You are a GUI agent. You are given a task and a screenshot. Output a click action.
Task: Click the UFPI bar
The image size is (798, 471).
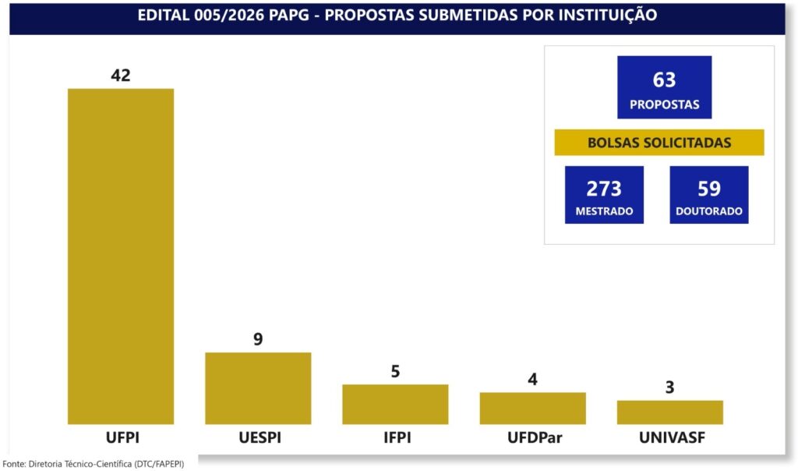tap(121, 256)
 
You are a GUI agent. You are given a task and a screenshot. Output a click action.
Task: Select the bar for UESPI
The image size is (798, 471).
tap(258, 388)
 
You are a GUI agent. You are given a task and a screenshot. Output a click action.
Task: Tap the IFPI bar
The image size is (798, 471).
tap(395, 404)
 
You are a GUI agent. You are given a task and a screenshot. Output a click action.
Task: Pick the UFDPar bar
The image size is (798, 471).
tap(533, 409)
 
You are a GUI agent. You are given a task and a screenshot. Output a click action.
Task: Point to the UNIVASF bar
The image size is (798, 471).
tap(670, 413)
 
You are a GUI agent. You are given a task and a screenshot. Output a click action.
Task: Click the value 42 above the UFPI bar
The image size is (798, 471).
tap(121, 76)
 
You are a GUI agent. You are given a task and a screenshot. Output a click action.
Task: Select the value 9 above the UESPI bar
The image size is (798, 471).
tap(258, 339)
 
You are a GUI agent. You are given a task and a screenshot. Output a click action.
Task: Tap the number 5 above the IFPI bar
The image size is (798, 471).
tap(395, 371)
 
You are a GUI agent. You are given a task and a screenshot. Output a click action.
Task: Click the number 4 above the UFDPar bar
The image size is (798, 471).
tap(533, 379)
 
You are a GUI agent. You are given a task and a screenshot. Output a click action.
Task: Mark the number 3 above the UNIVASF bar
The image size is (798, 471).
tap(669, 388)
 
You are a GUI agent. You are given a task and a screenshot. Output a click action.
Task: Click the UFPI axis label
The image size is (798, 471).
tap(122, 437)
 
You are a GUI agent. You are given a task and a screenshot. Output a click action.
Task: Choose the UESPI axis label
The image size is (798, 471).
tap(260, 437)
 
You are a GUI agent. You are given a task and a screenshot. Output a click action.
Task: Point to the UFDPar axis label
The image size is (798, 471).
tap(535, 437)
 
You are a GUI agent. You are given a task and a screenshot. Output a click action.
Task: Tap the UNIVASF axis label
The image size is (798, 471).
tap(673, 437)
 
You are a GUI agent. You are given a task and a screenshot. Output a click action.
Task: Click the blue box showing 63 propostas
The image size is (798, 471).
tap(665, 87)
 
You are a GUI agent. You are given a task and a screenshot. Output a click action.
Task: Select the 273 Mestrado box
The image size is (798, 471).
tap(604, 194)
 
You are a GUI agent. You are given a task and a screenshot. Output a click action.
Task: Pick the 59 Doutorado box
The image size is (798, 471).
tap(709, 194)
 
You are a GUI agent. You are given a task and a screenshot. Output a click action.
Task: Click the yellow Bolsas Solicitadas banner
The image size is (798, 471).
tap(659, 142)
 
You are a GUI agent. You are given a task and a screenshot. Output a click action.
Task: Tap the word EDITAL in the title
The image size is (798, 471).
tap(164, 16)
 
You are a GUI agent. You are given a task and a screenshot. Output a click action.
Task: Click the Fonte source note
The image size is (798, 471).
tap(94, 464)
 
